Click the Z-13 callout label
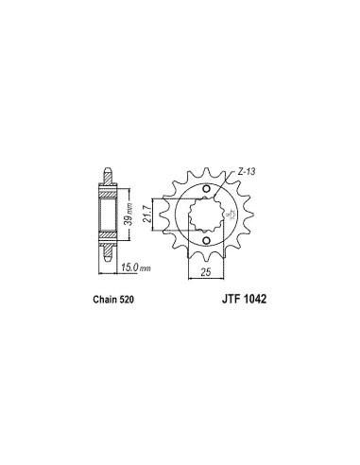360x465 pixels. point(247,172)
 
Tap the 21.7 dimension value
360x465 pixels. point(147,215)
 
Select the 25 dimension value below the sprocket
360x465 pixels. point(206,272)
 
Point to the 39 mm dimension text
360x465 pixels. point(128,215)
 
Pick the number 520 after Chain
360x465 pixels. point(127,299)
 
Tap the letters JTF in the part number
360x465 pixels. point(230,299)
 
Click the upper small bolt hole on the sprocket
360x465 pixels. point(206,189)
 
